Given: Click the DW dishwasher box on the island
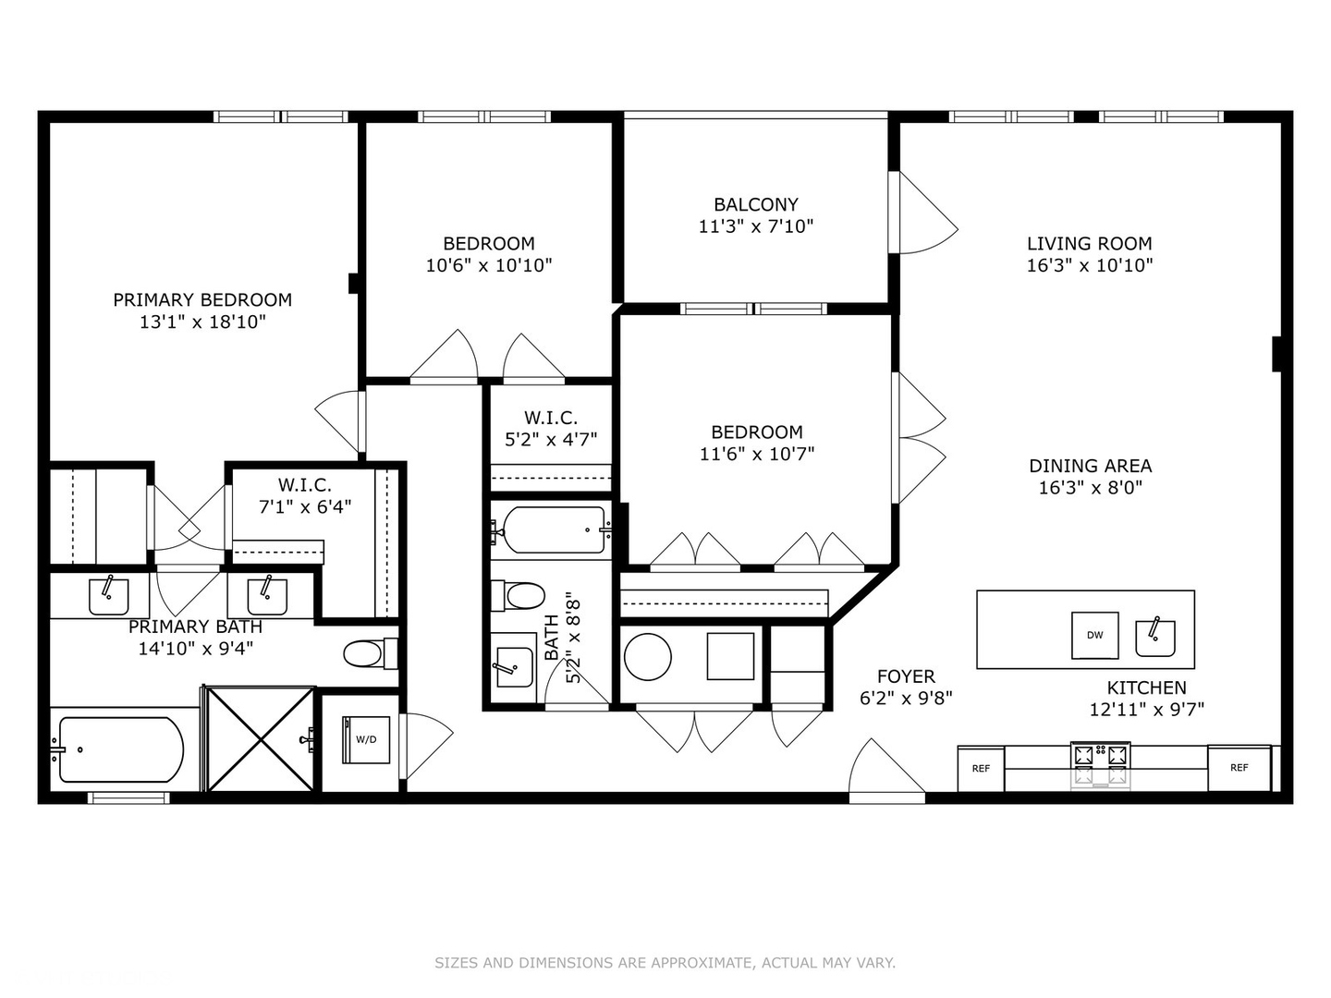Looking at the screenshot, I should tap(1094, 635).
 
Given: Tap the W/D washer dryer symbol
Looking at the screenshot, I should tap(366, 739).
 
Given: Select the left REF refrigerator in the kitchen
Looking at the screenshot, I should tap(981, 768).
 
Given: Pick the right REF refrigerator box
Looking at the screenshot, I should tap(1239, 767).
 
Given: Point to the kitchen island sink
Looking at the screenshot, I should tap(1154, 637).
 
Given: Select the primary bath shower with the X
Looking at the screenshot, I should tap(262, 738).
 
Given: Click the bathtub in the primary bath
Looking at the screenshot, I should tap(117, 749).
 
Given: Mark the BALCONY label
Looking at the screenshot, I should tap(755, 204).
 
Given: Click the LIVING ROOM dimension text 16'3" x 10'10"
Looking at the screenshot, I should tap(1089, 265).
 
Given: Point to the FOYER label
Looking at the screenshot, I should tap(905, 676).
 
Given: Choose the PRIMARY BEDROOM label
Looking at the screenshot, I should tap(202, 299).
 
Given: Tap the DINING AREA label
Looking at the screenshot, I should tap(1090, 466).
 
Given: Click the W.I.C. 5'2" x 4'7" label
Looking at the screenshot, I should tap(550, 429).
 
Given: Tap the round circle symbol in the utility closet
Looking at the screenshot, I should tap(647, 657).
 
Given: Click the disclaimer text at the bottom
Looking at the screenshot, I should tap(665, 963).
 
